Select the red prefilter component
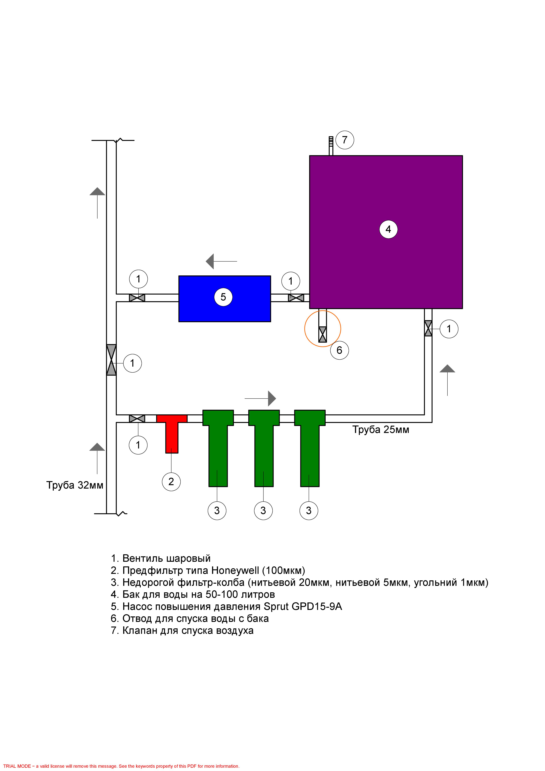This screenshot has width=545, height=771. (x=172, y=433)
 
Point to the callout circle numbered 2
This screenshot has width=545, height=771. (x=171, y=482)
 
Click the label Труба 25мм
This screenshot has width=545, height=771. (x=381, y=430)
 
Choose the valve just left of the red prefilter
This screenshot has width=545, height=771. (x=137, y=418)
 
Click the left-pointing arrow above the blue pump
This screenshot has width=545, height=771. (x=221, y=261)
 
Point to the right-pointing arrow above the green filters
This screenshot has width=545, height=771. (x=260, y=399)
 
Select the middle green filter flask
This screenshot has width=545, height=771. (x=264, y=448)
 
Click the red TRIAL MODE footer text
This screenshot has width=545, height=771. (x=121, y=766)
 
